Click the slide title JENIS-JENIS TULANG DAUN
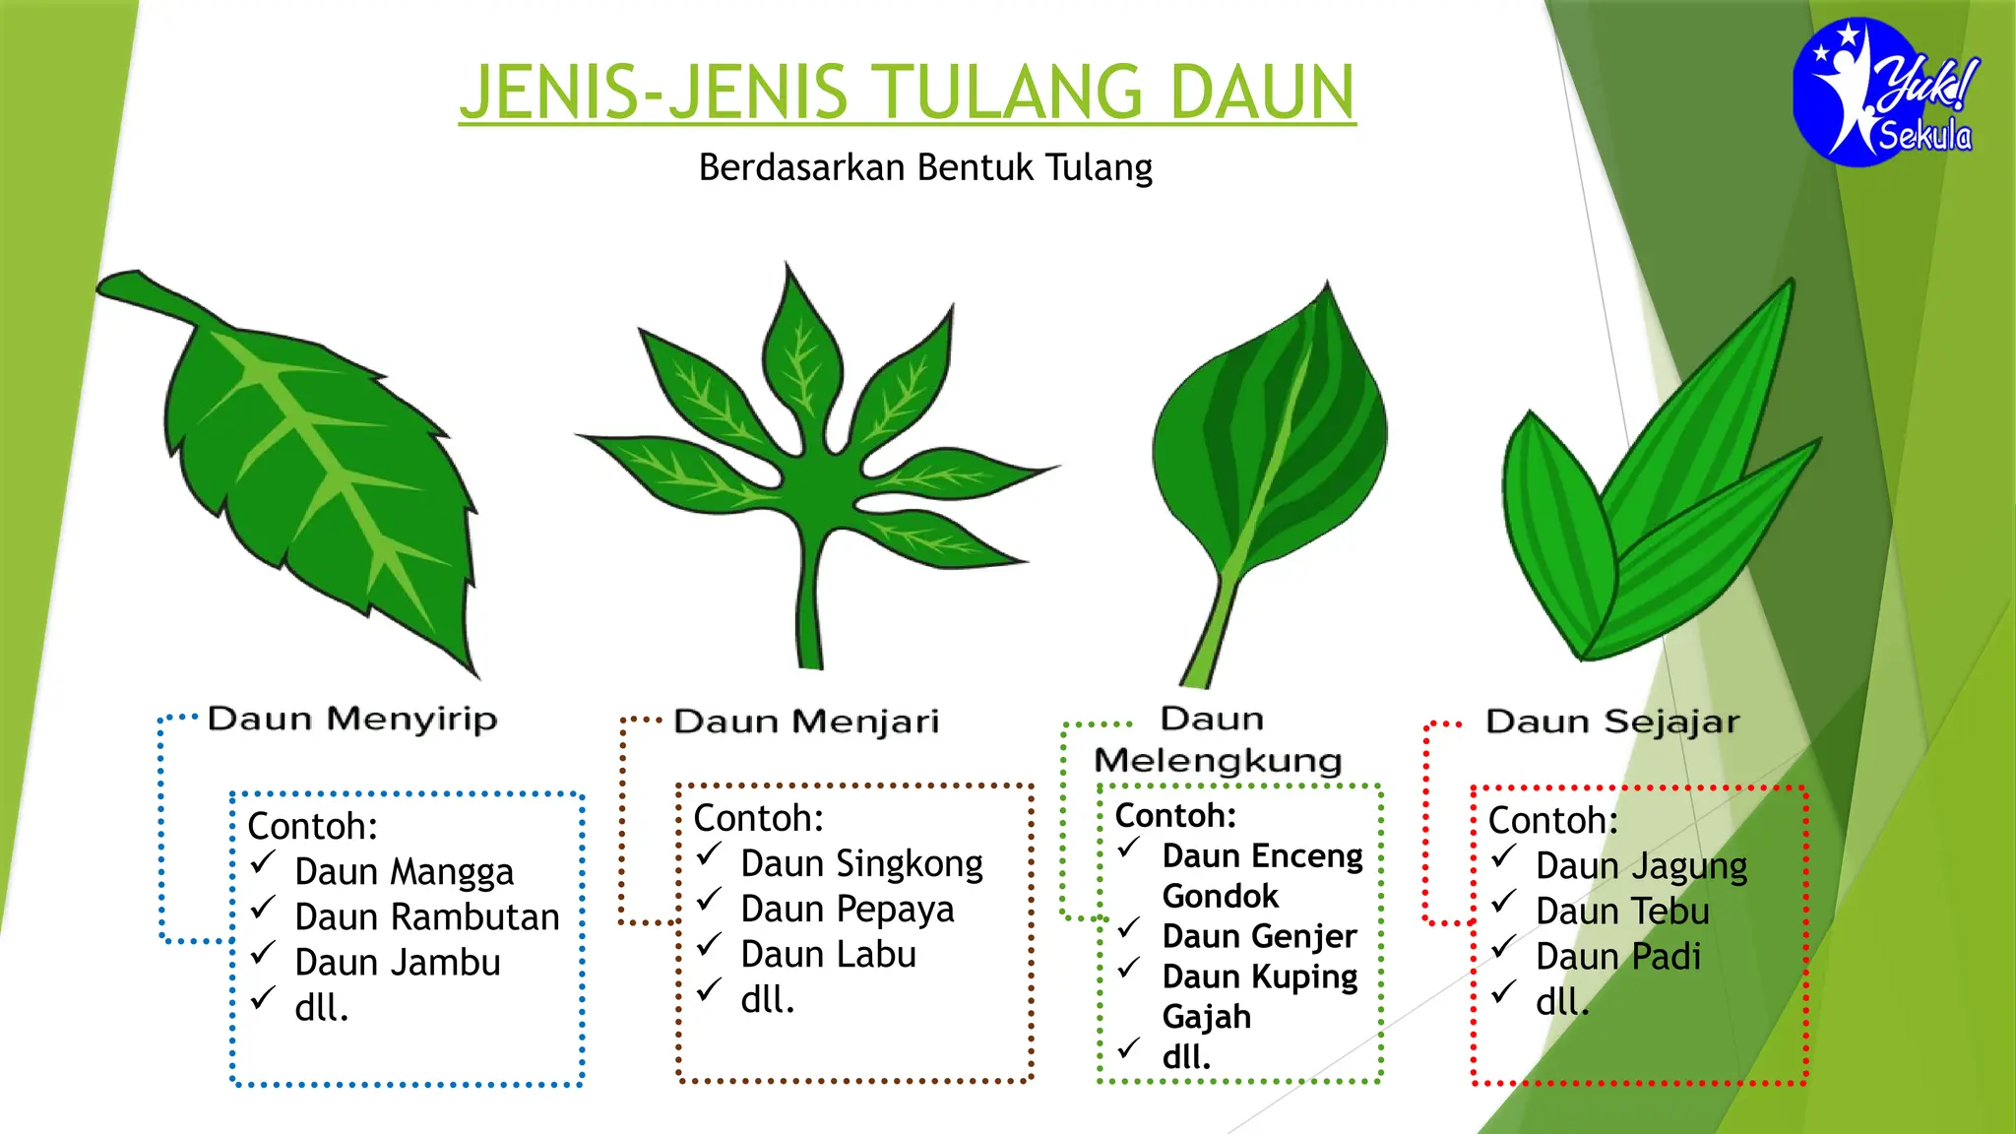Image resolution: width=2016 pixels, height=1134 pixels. tap(907, 92)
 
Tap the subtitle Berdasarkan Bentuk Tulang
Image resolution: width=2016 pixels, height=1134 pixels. tap(924, 167)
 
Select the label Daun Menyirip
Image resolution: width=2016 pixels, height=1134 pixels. tap(352, 719)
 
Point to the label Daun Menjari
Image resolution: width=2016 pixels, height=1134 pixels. tap(806, 722)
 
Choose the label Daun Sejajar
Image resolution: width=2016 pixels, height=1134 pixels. tap(1612, 722)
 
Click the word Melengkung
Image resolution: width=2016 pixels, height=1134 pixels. tap(1218, 761)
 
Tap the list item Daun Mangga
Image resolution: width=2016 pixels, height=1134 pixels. tap(404, 872)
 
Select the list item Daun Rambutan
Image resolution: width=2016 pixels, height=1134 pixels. tap(427, 917)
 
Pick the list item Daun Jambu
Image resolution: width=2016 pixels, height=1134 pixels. tap(398, 963)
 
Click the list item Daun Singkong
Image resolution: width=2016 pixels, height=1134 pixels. tap(861, 864)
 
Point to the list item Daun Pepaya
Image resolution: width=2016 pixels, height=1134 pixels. tap(847, 910)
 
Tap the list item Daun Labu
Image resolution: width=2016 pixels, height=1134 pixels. tap(828, 955)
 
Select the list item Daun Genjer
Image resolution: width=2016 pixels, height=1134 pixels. tap(1259, 936)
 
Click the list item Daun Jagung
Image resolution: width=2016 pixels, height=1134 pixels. tap(1641, 866)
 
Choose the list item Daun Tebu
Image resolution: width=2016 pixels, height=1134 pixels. tap(1622, 912)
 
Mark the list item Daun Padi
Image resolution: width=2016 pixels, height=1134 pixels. tap(1617, 957)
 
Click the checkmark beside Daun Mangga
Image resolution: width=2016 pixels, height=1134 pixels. tap(262, 863)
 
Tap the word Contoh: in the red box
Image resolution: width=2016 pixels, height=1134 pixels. tap(1552, 820)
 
